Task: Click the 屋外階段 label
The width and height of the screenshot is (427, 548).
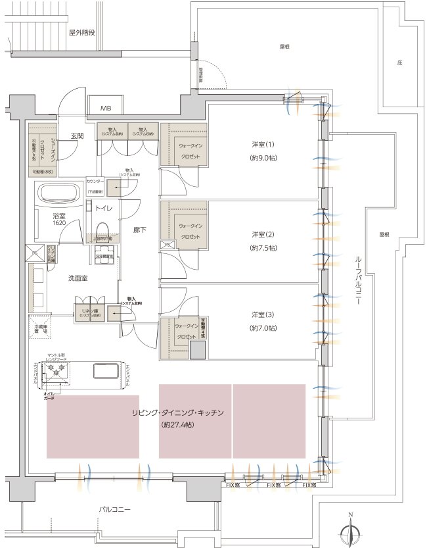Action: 82,31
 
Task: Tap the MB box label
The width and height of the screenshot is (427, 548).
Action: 105,108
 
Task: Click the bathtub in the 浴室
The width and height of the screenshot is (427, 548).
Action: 58,195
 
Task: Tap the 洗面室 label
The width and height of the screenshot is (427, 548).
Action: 81,278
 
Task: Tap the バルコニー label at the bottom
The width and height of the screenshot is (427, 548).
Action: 115,510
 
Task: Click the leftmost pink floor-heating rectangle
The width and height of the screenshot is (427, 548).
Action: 93,426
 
